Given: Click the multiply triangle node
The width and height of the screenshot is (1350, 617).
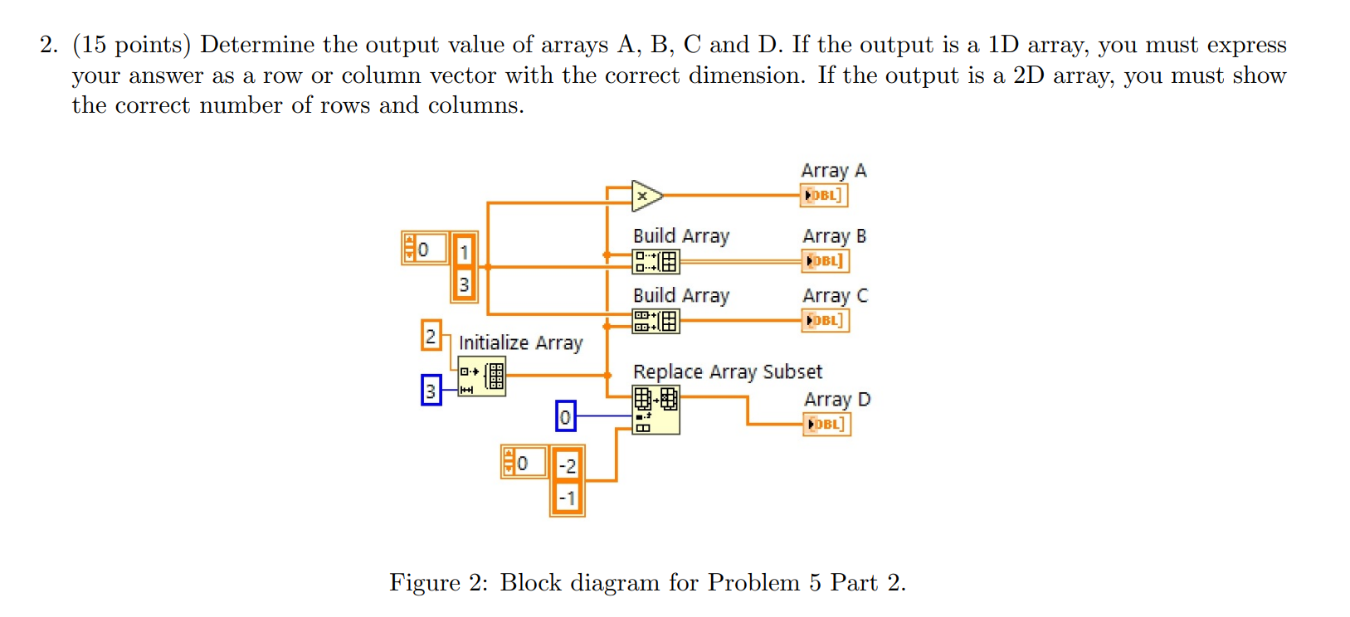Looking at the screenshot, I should (x=646, y=197).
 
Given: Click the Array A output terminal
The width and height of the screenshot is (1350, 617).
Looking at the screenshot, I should (x=824, y=196).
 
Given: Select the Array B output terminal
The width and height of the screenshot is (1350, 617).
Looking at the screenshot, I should (x=825, y=261).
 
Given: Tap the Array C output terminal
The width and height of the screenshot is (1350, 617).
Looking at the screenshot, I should (x=825, y=320).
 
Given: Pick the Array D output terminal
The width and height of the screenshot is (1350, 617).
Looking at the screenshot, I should (x=826, y=424).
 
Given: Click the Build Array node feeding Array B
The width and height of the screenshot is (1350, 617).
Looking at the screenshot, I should (x=656, y=262).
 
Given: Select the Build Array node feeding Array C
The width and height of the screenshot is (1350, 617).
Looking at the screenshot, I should (x=656, y=321).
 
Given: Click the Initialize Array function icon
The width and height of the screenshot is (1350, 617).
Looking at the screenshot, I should (x=481, y=377).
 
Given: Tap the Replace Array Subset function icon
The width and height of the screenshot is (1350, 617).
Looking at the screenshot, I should (x=656, y=410).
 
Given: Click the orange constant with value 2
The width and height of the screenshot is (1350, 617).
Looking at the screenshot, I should (x=431, y=336).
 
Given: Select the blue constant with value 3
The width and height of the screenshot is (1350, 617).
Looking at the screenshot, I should (x=431, y=390).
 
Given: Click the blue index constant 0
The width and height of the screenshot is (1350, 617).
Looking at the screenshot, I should (x=565, y=416).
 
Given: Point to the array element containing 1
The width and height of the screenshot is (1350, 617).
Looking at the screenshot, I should (x=464, y=251).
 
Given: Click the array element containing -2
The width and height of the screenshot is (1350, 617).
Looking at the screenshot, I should (x=568, y=465).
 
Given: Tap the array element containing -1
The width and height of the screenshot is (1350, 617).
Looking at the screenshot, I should (x=568, y=498).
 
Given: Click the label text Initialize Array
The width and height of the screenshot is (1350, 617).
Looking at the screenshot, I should (x=520, y=343).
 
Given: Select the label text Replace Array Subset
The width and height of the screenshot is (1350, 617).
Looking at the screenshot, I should (x=727, y=372).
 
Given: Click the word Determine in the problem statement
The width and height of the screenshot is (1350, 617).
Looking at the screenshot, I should (x=257, y=45).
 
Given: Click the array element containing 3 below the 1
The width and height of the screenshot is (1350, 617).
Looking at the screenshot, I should (x=464, y=284).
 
